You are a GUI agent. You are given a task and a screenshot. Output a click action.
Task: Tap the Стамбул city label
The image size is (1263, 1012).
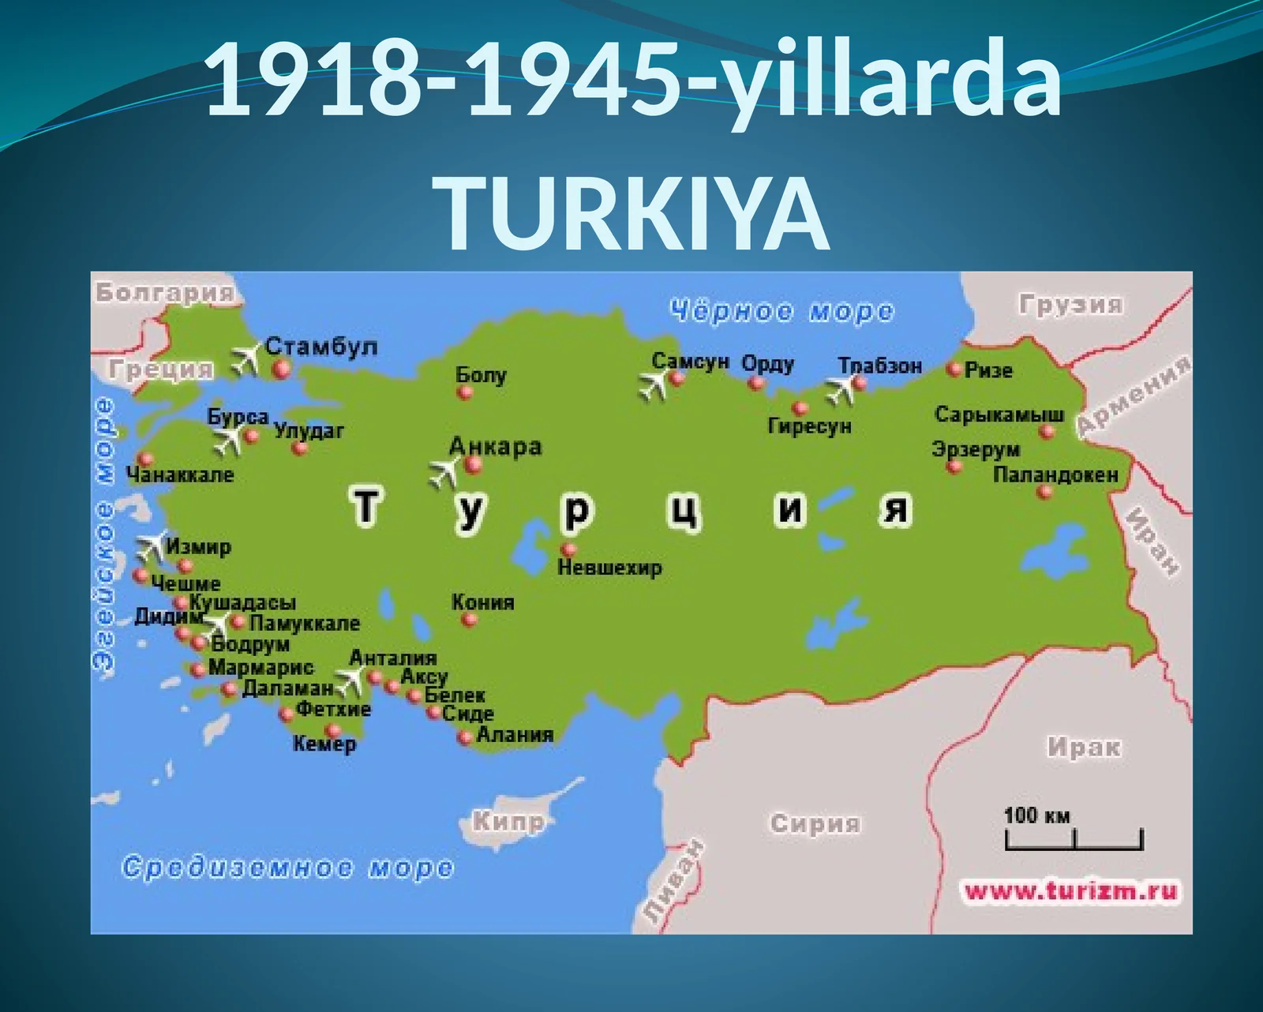321,347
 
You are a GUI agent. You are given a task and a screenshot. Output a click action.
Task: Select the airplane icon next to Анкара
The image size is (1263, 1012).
444,473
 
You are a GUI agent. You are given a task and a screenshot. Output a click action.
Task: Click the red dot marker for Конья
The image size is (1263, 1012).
470,620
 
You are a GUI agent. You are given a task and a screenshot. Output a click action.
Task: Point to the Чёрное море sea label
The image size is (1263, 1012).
781,312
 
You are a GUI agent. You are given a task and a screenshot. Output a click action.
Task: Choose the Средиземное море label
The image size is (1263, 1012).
288,868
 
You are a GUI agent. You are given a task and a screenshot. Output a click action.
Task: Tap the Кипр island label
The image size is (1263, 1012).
509,822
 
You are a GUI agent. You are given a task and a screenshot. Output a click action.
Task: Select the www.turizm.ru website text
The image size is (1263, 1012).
1071,892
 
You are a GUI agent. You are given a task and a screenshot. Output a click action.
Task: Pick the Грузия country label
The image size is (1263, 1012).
1070,305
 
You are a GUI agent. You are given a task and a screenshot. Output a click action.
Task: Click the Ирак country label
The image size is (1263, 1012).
1084,747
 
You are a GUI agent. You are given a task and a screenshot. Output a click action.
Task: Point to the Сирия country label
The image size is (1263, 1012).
815,823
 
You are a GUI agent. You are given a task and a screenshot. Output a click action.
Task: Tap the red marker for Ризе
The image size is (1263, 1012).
954,369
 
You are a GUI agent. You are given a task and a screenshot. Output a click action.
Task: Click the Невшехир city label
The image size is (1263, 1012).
609,568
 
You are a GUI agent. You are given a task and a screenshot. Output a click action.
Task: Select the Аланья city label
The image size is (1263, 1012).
515,734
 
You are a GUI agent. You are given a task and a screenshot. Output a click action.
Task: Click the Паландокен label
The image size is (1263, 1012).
1055,475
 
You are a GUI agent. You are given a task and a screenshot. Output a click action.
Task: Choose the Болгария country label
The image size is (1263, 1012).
165,293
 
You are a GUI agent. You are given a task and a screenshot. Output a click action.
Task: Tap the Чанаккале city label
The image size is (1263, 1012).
180,475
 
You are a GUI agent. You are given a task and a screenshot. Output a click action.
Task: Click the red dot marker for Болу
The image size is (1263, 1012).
465,392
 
